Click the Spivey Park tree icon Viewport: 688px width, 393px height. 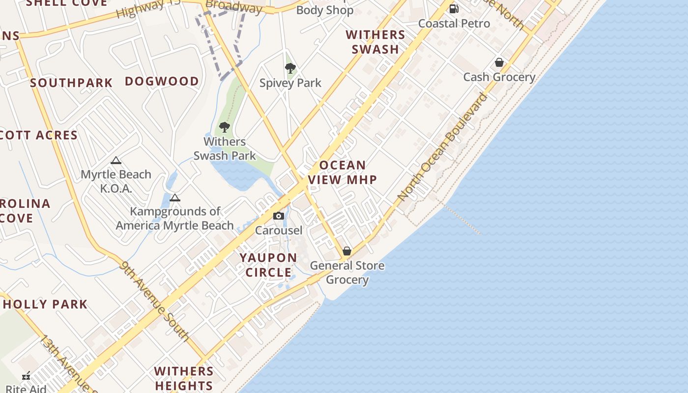coord(290,68)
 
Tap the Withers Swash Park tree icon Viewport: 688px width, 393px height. coord(225,127)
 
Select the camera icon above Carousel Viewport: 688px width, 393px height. coord(279,216)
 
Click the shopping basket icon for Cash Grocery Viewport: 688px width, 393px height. coord(499,62)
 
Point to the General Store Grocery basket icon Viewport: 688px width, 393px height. coord(347,251)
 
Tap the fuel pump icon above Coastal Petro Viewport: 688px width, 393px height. coord(454,8)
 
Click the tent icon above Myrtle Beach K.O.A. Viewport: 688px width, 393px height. coord(116,160)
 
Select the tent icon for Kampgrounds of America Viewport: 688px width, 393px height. coord(174,197)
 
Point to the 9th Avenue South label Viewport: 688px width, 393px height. coord(154,301)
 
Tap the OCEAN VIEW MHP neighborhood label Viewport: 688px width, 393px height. coord(343,172)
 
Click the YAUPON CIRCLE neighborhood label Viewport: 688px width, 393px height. coord(268,265)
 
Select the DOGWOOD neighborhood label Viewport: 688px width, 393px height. coord(162,81)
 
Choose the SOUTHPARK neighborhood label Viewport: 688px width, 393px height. coord(71,83)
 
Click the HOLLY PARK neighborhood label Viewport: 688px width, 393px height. coord(45,304)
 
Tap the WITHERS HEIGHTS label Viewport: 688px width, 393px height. coord(184,378)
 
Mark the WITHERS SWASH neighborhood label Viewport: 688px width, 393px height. coord(375,42)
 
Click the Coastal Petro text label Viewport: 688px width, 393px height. coord(454,24)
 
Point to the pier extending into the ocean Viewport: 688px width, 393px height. coord(462,220)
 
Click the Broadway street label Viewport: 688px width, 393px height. coord(234,6)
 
